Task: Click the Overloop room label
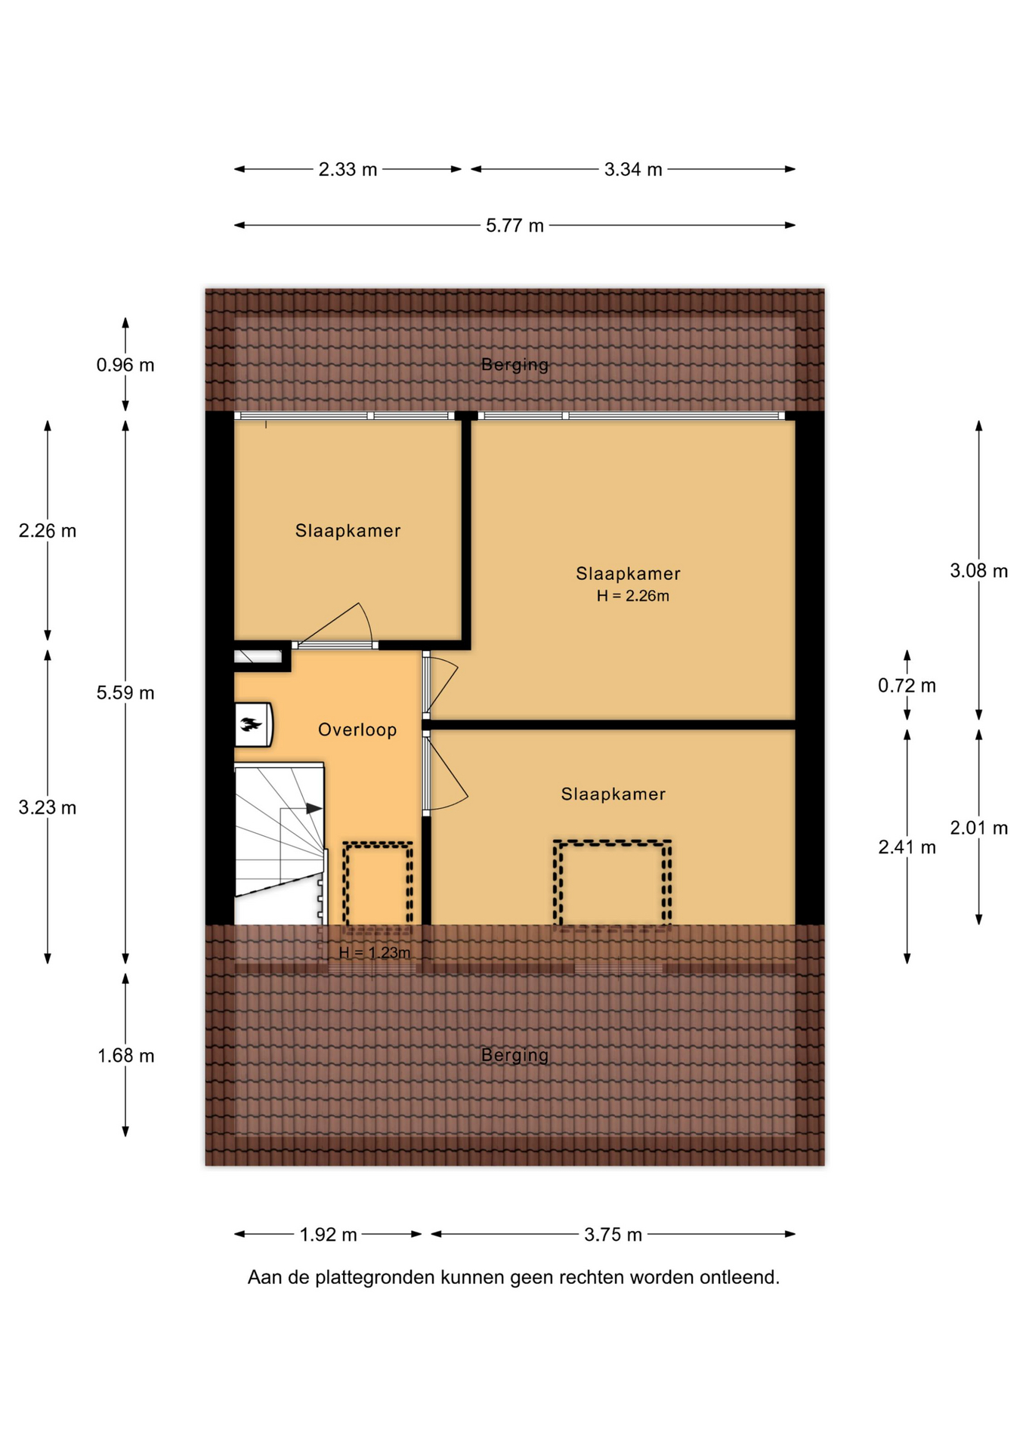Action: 357,730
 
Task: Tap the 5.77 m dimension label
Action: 515,226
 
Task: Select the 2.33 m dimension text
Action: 348,170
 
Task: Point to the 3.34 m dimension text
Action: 633,170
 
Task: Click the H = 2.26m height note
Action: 633,596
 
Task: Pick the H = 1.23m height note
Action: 375,953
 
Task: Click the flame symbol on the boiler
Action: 251,725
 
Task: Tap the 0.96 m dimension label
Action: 125,366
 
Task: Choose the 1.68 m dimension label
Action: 125,1056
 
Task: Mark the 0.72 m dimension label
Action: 907,686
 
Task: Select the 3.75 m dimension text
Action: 613,1235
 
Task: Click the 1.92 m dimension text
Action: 328,1235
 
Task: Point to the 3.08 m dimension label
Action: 978,571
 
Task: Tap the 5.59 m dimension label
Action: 125,693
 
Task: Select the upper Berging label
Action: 515,365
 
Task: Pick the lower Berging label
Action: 515,1055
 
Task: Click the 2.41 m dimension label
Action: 907,847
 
